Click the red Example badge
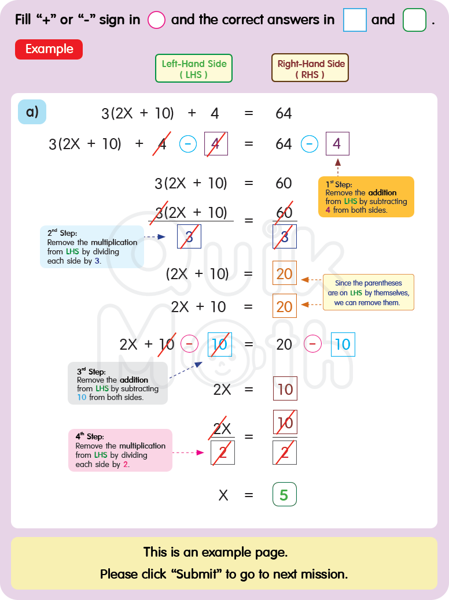(49, 49)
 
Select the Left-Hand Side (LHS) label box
(193, 69)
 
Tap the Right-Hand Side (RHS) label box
(310, 69)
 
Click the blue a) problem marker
(32, 112)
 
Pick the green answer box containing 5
(284, 495)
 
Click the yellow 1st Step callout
(366, 197)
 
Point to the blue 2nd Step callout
(92, 246)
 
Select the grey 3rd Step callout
(117, 383)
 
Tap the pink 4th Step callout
(120, 450)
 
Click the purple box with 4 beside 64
(337, 144)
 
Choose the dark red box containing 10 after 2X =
(285, 389)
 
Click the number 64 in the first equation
(284, 113)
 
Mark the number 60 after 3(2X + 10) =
(284, 184)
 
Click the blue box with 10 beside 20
(343, 345)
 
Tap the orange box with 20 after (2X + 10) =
(285, 273)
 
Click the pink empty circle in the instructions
(157, 20)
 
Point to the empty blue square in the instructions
(355, 20)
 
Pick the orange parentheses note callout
(368, 292)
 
